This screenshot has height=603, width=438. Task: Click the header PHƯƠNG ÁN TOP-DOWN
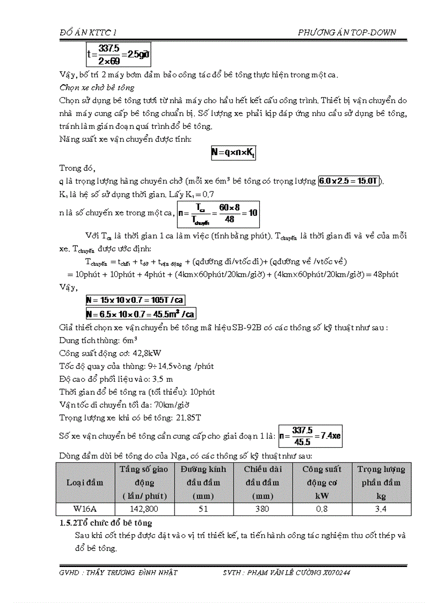[347, 33]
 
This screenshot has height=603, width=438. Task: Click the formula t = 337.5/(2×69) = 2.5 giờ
[118, 55]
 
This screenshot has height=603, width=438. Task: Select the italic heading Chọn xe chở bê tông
[97, 88]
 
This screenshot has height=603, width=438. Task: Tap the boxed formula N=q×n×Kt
[233, 153]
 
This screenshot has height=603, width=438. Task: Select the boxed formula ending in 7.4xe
[310, 435]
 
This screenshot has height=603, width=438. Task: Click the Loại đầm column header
[85, 482]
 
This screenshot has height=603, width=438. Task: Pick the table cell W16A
[85, 509]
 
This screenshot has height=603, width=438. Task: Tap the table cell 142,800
[144, 509]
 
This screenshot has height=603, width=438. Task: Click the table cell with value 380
[262, 509]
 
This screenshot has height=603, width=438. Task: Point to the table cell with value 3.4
[381, 509]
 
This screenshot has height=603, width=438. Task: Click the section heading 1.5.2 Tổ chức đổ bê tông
[105, 522]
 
